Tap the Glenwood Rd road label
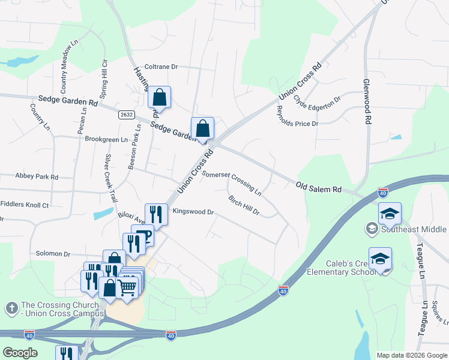click(366, 101)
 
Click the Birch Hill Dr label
click(244, 205)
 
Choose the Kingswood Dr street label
click(193, 212)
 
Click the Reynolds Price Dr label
click(296, 115)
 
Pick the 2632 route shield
click(126, 115)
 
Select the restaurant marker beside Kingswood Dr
click(156, 214)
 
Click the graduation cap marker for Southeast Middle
click(390, 213)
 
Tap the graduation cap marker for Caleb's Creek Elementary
click(380, 258)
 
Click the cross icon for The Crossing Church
click(11, 308)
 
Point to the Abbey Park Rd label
click(37, 177)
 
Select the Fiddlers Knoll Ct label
click(25, 205)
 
